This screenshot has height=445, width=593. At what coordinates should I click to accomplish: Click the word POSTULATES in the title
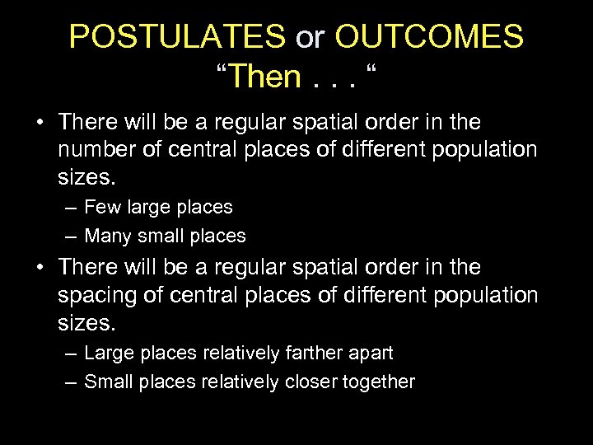coord(177,37)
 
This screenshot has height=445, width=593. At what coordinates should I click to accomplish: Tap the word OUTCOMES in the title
coord(429,37)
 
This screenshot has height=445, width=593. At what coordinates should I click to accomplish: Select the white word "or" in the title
coord(310,39)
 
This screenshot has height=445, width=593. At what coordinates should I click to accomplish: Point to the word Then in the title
coord(268,77)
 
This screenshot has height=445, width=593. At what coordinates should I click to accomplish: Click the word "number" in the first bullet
coord(97,149)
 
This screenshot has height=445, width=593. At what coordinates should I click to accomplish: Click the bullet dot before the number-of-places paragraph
coord(40,123)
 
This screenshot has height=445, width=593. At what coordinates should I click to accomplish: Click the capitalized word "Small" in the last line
coord(107,382)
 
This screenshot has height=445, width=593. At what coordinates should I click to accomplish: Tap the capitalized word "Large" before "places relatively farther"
coord(107,354)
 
